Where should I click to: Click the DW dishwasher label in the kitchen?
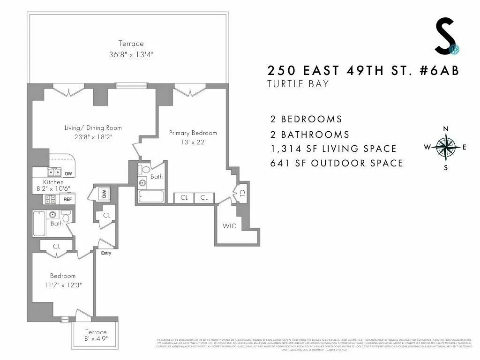tap(68, 174)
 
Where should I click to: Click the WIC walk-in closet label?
tap(229, 226)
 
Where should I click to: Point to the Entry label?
tap(106, 253)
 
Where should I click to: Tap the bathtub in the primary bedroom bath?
tap(151, 195)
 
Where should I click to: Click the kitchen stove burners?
tap(50, 199)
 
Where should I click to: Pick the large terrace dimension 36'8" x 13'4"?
tap(131, 54)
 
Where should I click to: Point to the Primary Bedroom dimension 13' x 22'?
tap(193, 142)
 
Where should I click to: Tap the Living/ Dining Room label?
tap(93, 127)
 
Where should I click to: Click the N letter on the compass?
tap(445, 129)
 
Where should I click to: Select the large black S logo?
tap(444, 36)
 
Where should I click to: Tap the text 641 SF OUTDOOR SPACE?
tap(337, 163)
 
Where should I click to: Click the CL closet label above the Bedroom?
tap(56, 246)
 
